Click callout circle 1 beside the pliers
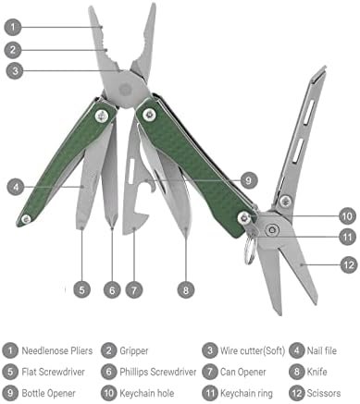tap(13, 27)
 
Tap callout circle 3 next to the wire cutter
tap(15, 71)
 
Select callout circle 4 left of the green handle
tap(16, 187)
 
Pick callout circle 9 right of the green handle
tap(248, 180)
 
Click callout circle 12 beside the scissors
tap(349, 264)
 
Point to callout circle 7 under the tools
tap(134, 290)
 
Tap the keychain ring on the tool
tap(250, 249)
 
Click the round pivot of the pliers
tap(127, 90)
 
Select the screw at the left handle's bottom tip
tap(26, 219)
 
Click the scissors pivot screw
tap(272, 229)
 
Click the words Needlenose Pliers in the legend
tap(57, 350)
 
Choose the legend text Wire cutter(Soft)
tap(253, 350)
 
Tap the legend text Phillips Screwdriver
tap(158, 372)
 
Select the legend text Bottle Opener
tap(48, 393)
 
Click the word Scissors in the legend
tap(324, 393)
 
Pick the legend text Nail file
tap(322, 350)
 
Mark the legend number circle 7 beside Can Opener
tap(210, 372)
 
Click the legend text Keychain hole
tap(147, 393)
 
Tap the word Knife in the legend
tap(317, 372)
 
